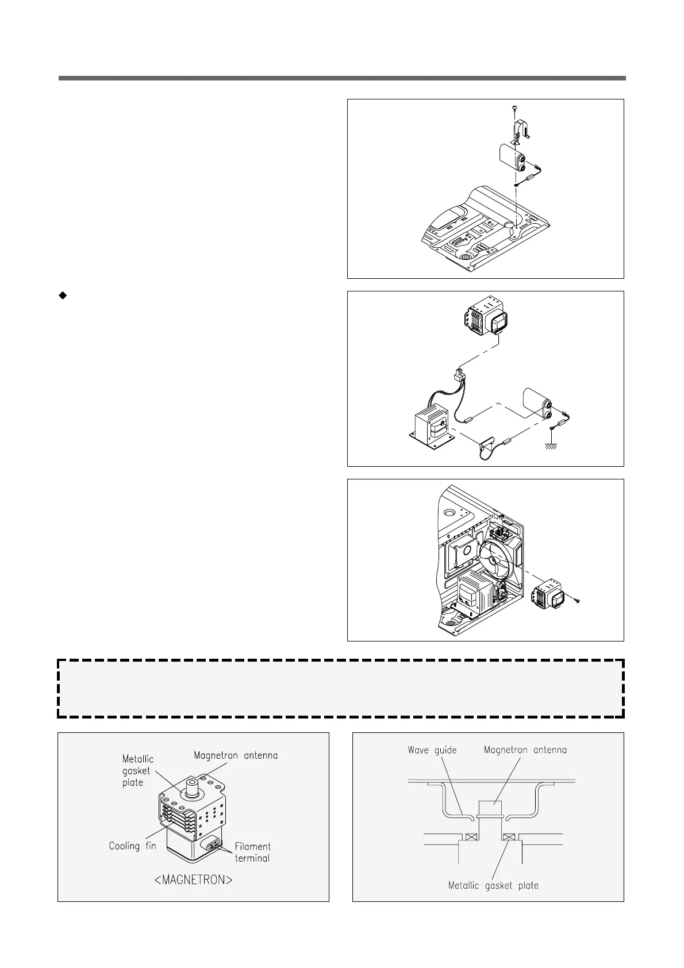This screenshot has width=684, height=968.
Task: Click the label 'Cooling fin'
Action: click(x=132, y=846)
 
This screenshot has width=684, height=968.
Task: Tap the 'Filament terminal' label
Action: click(x=252, y=852)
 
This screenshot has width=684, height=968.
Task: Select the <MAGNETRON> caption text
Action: click(x=194, y=880)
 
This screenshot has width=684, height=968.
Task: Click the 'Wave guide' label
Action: click(x=432, y=750)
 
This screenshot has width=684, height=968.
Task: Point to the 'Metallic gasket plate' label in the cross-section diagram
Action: click(x=493, y=885)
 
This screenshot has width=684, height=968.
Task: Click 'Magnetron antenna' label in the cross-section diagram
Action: click(x=525, y=750)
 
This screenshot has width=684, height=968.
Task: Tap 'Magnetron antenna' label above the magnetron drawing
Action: click(x=236, y=755)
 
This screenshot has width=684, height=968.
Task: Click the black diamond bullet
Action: click(x=63, y=295)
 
